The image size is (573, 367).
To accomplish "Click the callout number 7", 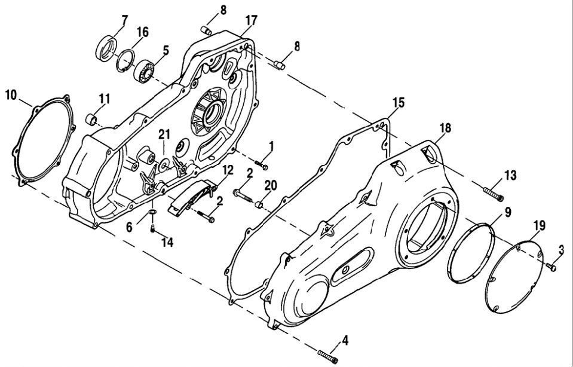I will [124, 20].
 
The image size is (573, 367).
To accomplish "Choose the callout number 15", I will [399, 103].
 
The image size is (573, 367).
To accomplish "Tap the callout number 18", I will [445, 128].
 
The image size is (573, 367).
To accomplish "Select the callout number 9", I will [507, 211].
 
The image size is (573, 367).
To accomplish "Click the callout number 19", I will [539, 225].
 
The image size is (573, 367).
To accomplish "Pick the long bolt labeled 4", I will [328, 355].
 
